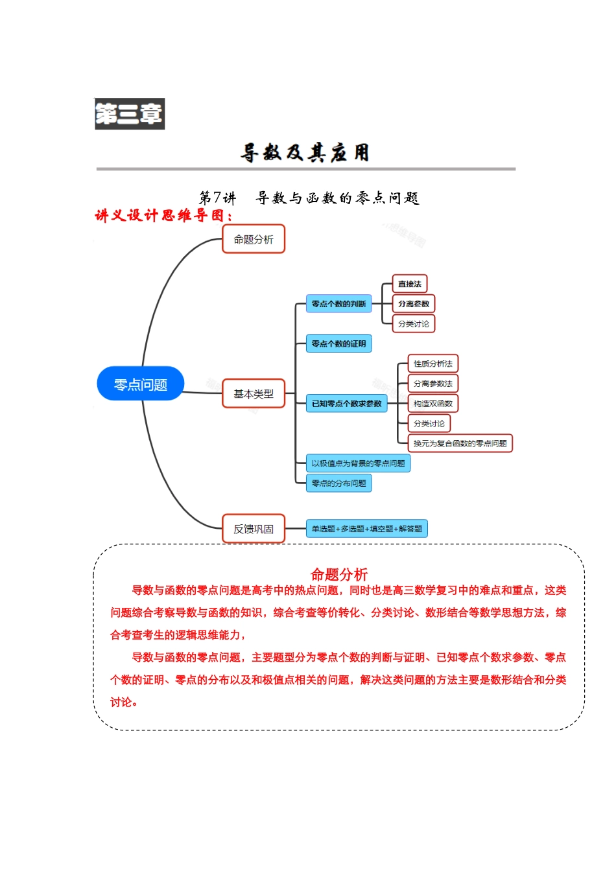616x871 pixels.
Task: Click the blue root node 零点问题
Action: (x=141, y=384)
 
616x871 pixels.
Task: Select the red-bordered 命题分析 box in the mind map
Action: (x=254, y=239)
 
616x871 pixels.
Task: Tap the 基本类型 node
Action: (x=254, y=393)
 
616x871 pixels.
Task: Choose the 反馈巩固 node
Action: (x=254, y=529)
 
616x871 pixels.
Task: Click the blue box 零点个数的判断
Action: (x=338, y=303)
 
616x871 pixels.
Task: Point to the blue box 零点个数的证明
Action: (x=338, y=343)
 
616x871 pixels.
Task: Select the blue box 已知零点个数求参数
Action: (x=347, y=403)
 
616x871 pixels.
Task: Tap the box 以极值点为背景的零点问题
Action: (x=358, y=463)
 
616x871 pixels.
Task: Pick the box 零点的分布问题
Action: (x=338, y=483)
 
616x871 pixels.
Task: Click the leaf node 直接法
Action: (x=410, y=284)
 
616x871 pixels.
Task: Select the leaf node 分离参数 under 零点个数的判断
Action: (x=414, y=303)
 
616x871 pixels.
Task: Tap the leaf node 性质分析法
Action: (x=433, y=364)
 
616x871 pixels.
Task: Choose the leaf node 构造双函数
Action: (x=433, y=403)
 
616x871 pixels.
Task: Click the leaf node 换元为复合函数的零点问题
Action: (x=460, y=443)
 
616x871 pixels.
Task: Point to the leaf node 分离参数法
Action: (x=433, y=384)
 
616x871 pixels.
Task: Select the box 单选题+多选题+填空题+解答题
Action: (x=367, y=529)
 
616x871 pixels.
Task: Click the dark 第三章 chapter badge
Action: (x=130, y=114)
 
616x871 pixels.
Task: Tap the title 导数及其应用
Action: (x=305, y=153)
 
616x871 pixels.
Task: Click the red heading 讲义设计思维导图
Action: (x=163, y=215)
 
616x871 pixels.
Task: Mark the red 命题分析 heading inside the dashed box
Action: (x=339, y=574)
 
